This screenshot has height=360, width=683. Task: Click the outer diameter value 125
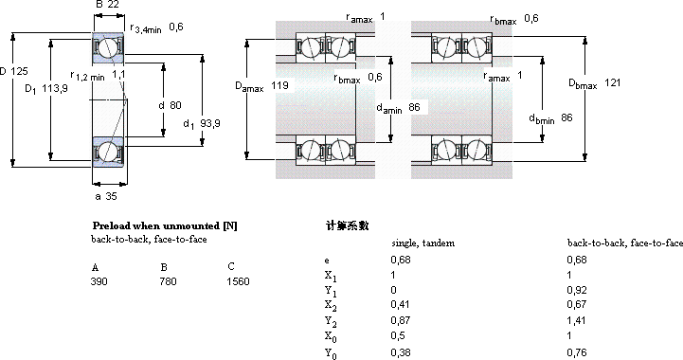[x=19, y=71]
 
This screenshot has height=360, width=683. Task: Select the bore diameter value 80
[x=175, y=105]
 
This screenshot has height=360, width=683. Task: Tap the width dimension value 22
[x=113, y=5]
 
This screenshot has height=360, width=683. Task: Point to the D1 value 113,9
[x=55, y=88]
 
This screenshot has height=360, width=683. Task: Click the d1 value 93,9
[x=210, y=123]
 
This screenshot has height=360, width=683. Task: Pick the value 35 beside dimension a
[x=112, y=196]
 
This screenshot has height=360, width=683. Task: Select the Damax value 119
[x=279, y=85]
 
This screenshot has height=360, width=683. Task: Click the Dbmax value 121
[x=613, y=82]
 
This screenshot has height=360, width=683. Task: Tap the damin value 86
[x=414, y=107]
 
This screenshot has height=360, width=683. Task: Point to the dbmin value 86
[x=566, y=117]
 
